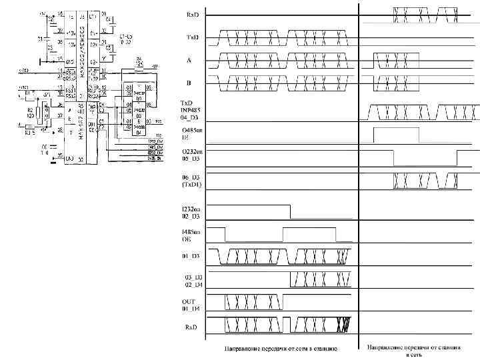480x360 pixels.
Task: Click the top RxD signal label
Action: (191, 14)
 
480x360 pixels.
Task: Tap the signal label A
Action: (189, 59)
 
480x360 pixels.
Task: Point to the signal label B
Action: (189, 83)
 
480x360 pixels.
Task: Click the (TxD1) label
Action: (193, 185)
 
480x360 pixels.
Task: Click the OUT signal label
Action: (189, 301)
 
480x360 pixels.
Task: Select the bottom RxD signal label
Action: (191, 327)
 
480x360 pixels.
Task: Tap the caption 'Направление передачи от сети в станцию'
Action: (281, 348)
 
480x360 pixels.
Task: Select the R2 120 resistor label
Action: (31, 113)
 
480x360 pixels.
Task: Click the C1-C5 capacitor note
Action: (125, 38)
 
